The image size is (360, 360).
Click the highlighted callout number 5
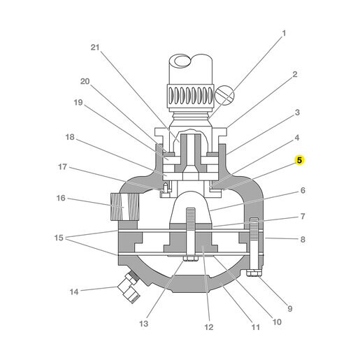coord(299,160)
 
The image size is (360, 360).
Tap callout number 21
coord(95,48)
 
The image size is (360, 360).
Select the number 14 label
coord(74,291)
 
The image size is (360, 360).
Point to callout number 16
coord(61,198)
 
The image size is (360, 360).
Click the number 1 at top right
coord(284,34)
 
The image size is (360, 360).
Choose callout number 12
coord(209,327)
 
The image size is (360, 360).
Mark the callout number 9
coord(290,308)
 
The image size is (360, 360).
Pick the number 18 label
coord(70,137)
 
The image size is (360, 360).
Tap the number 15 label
coord(59,238)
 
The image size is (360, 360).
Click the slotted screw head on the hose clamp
coord(224,95)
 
